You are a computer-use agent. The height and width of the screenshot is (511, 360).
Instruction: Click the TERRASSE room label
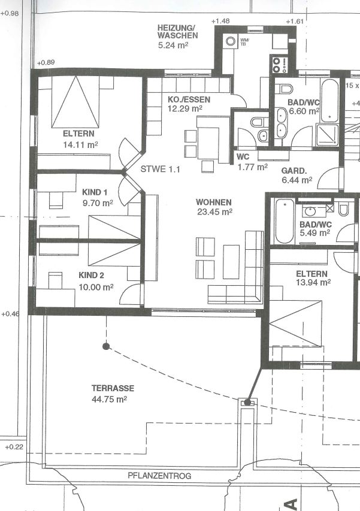(113, 388)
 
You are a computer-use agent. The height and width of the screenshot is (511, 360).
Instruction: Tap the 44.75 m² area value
(109, 399)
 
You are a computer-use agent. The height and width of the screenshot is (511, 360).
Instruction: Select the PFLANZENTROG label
(159, 476)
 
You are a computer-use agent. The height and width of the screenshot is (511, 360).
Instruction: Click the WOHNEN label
(214, 202)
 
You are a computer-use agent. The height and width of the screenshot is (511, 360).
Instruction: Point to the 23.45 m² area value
(214, 212)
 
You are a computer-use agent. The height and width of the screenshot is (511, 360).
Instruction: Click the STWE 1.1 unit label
(160, 169)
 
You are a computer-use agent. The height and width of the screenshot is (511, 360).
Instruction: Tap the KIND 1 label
(95, 192)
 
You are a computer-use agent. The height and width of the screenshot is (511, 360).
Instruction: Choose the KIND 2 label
(91, 276)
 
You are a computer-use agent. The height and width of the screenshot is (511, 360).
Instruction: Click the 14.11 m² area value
(80, 145)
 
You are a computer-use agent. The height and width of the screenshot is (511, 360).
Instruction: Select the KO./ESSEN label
(189, 99)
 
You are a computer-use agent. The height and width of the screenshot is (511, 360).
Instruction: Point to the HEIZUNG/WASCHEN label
(177, 32)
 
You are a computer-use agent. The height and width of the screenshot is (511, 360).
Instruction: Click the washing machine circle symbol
(231, 41)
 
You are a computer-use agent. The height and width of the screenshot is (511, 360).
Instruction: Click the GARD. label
(294, 171)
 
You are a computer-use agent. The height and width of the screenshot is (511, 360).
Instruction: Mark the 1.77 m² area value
(253, 167)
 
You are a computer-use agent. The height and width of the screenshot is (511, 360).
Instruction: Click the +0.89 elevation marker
(46, 62)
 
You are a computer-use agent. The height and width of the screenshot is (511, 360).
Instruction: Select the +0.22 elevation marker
(14, 447)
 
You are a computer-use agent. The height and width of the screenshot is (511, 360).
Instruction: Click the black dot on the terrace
(106, 346)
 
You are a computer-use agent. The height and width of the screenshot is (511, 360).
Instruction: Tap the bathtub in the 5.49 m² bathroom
(285, 221)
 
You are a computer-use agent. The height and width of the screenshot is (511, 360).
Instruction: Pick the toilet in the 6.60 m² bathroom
(286, 88)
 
